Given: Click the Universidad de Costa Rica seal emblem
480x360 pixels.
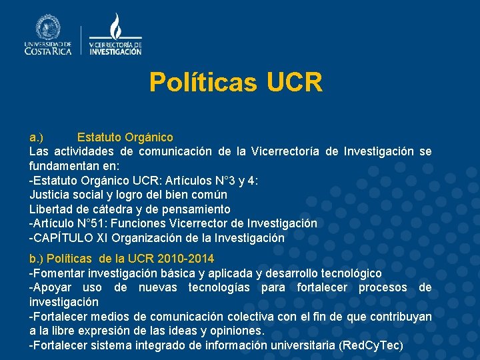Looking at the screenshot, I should pos(48,27).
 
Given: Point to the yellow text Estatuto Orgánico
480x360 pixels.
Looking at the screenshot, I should pos(125,137).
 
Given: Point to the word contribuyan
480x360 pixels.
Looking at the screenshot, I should pos(399,316).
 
